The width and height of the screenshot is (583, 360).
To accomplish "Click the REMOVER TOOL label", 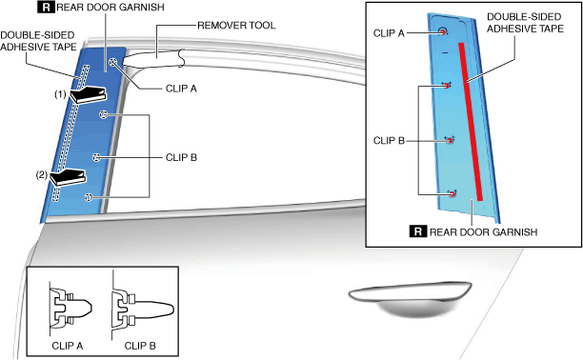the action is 236,26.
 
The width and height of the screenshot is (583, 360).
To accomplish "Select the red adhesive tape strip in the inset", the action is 471,122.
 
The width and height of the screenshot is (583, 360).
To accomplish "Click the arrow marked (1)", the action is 89,95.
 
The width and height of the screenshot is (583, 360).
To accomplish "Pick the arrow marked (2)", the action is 68,177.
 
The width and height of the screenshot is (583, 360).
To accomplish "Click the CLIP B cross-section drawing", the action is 143,309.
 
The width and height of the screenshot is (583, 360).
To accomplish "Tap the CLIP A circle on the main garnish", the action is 113,62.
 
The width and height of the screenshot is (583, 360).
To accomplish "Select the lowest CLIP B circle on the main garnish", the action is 89,197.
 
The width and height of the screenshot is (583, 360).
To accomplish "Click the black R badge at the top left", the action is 46,7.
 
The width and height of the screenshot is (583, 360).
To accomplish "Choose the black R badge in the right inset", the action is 418,231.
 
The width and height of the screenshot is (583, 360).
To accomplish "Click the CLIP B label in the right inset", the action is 389,141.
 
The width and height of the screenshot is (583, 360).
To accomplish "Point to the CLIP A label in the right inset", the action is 389,33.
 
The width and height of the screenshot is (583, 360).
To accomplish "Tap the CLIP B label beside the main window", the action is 181,157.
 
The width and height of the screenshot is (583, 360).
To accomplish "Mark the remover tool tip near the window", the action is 124,62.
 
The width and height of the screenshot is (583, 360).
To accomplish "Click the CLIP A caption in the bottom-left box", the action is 68,346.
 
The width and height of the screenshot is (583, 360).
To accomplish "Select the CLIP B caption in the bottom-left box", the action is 140,346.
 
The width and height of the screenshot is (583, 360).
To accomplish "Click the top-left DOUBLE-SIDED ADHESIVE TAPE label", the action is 38,41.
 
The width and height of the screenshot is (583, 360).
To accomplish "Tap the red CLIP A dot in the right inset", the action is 443,32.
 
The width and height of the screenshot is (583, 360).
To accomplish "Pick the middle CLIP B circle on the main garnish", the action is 96,157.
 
